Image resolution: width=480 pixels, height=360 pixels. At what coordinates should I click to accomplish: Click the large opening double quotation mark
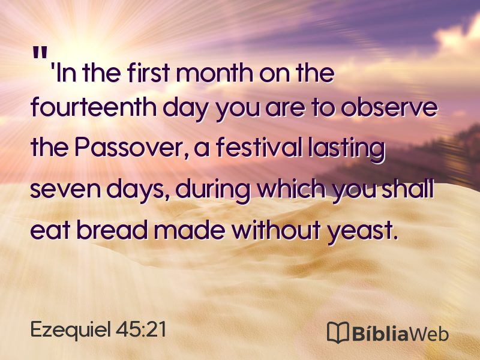click(x=40, y=53)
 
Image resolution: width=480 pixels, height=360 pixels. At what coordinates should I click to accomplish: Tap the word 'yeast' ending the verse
click(x=359, y=232)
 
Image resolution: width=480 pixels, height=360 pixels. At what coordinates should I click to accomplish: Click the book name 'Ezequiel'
click(x=70, y=330)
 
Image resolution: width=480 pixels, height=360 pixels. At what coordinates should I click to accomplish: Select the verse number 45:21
click(x=141, y=329)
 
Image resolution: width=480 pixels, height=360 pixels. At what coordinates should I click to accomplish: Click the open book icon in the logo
click(x=338, y=332)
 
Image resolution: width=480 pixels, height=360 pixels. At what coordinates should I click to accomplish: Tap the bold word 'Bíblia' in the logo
click(x=380, y=332)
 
